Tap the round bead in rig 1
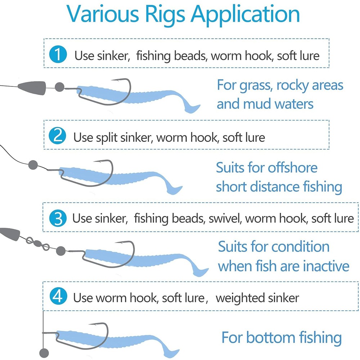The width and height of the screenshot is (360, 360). (59, 86)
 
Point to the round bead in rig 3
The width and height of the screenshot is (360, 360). (60, 249)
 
